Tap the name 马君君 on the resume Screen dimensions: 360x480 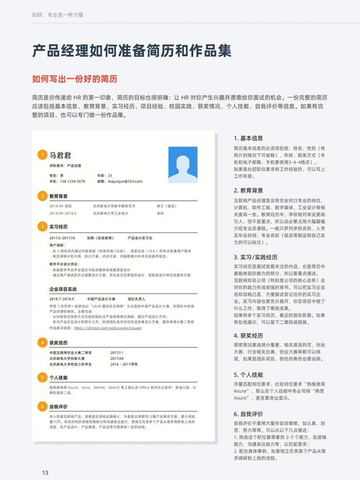click(x=61, y=154)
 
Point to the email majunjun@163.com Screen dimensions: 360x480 click(x=127, y=181)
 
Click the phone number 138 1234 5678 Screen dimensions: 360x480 click(x=71, y=181)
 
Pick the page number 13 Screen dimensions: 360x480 click(x=45, y=472)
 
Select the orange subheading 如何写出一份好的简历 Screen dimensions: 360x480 click(x=74, y=78)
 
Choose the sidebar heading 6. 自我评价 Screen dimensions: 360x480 click(x=252, y=415)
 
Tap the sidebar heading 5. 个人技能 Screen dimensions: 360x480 click(x=252, y=376)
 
